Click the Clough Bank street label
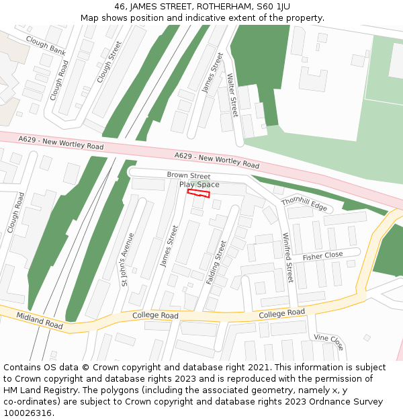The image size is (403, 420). click(x=45, y=46)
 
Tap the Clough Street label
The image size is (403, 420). click(x=109, y=62)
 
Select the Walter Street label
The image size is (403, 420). click(x=232, y=95)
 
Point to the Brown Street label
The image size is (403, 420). click(x=189, y=176)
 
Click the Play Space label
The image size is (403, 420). click(x=199, y=185)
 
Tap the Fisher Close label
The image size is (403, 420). click(x=322, y=256)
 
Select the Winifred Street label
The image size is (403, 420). click(x=287, y=257)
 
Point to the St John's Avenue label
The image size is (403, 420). click(x=128, y=259)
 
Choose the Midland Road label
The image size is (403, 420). click(x=40, y=321)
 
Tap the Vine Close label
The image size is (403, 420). click(x=329, y=341)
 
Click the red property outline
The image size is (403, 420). click(x=198, y=194)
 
